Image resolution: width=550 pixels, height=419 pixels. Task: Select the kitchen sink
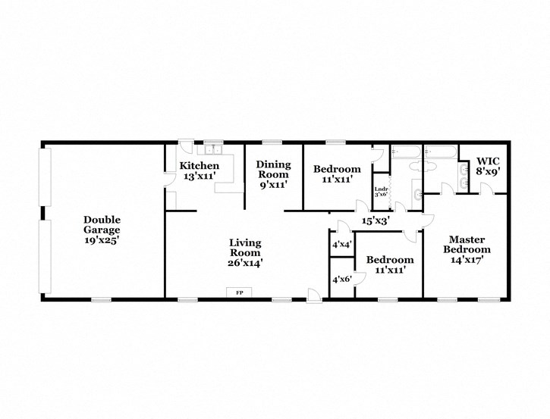point(214,149)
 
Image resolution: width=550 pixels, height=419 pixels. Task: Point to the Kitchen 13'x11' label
point(199,170)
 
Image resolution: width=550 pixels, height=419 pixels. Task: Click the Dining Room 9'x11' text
point(272,174)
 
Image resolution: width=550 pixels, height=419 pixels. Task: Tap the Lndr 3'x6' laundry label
point(382,190)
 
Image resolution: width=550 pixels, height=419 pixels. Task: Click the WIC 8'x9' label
point(487,166)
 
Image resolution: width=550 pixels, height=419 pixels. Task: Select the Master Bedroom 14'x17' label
point(467,249)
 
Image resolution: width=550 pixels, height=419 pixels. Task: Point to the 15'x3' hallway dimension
point(376,220)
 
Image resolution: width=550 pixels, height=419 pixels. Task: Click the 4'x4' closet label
point(341,244)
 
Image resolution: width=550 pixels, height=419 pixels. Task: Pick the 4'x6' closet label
point(341,279)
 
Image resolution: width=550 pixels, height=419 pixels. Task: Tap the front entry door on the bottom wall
point(313,295)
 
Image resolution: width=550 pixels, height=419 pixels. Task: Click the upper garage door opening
point(45,179)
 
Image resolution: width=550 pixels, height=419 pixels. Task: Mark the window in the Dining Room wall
point(272,142)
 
